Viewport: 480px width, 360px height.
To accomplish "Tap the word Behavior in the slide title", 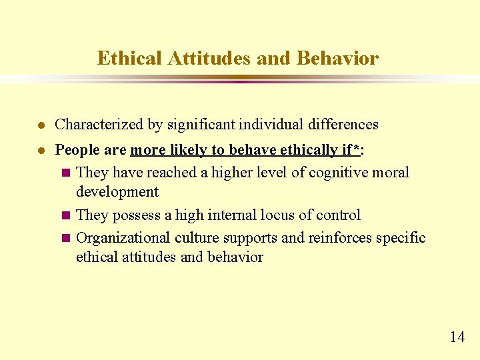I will [x=337, y=59].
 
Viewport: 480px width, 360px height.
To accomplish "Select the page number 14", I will [x=457, y=337].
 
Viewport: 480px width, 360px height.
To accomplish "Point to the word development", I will [x=117, y=192].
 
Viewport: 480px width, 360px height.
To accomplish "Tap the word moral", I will [x=391, y=173].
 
